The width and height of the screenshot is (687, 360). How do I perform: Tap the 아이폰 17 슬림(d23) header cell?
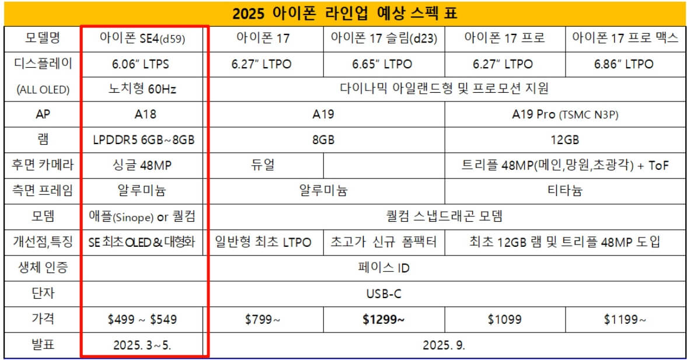383,39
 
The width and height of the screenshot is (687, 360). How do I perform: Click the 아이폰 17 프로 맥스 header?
625,39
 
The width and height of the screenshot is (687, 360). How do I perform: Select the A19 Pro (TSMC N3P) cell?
564,114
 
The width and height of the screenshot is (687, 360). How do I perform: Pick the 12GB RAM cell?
564,140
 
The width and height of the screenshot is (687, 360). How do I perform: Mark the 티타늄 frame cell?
564,191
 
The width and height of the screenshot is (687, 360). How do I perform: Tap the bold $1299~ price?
383,319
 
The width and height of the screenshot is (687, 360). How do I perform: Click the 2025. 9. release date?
444,345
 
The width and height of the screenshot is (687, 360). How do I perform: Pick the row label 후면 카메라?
41,166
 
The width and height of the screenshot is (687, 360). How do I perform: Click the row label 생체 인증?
41,268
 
